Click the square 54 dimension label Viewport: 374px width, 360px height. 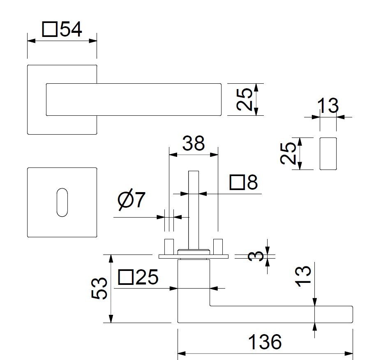62,30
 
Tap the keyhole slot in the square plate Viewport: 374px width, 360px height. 62,202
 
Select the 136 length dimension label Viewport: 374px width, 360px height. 265,342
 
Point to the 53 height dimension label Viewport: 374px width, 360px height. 100,288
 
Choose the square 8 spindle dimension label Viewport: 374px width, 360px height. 243,182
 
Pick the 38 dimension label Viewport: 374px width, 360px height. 194,144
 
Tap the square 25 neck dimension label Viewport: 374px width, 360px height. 138,278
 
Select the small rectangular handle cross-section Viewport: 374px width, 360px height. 328,154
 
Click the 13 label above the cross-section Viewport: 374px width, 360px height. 328,106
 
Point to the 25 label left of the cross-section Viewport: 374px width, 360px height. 289,153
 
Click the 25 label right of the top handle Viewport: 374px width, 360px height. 245,100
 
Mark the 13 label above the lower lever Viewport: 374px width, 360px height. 304,276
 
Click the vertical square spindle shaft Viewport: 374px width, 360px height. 194,209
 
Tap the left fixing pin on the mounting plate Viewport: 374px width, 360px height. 169,246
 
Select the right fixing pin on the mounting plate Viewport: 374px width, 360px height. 218,246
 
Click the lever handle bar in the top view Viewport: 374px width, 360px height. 134,100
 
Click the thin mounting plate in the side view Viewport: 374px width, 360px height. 194,257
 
